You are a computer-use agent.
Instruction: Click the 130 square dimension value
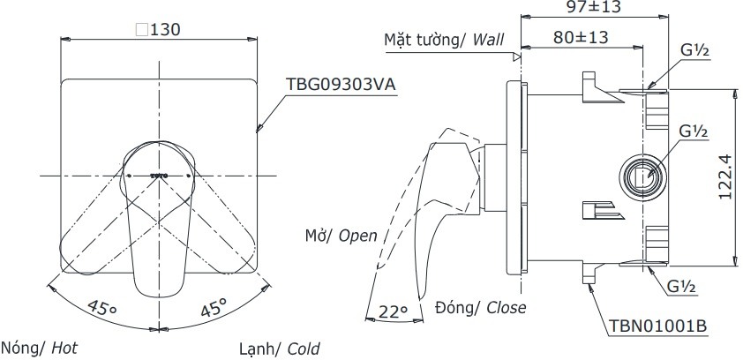click(x=159, y=29)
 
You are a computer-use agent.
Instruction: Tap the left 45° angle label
click(x=101, y=308)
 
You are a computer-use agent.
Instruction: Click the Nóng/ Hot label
click(x=41, y=348)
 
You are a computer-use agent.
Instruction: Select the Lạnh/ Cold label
click(x=279, y=348)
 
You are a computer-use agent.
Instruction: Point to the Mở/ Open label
click(x=340, y=236)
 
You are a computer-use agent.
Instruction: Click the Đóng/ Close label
click(x=481, y=307)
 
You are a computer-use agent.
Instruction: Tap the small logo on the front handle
click(x=159, y=176)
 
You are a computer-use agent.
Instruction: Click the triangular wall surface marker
click(x=514, y=56)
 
